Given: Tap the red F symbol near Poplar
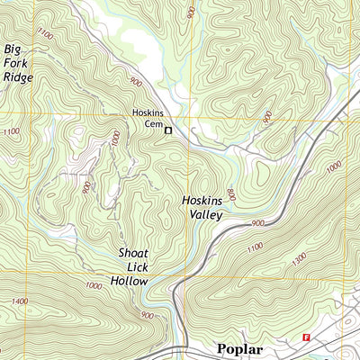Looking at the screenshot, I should pos(306,338).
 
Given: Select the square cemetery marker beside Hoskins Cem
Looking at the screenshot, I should pos(166,131).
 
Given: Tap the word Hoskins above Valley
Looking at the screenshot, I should pos(202,200).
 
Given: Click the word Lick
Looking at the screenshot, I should pos(132,267).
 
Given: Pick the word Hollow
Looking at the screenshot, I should pos(130,282).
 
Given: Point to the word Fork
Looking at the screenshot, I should pos(16,63).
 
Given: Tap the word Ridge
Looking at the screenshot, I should pos(18,77).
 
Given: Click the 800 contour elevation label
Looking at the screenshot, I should pos(230,193).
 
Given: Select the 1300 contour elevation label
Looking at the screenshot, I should pos(299,258).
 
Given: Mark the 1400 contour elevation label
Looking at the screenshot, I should pos(20,301).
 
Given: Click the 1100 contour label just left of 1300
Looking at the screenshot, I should pos(255,245).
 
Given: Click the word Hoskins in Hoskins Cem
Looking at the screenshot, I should pos(139,114).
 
